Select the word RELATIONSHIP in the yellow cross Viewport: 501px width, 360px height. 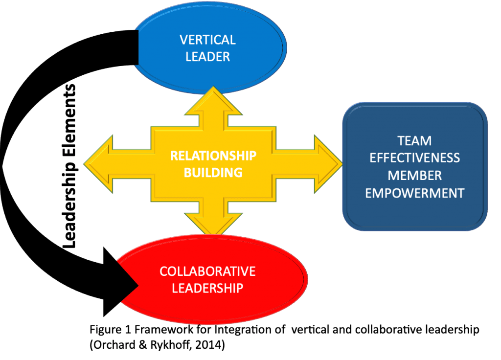tap(213, 156)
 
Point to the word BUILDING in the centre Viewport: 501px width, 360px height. tap(213, 172)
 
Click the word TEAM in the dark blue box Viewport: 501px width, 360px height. tap(415, 141)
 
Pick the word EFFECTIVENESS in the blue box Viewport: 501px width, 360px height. tap(415, 158)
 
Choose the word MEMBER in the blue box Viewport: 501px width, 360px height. tap(415, 175)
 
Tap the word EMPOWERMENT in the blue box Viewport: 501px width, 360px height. tap(415, 193)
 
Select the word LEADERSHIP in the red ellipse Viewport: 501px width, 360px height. tap(208, 288)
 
